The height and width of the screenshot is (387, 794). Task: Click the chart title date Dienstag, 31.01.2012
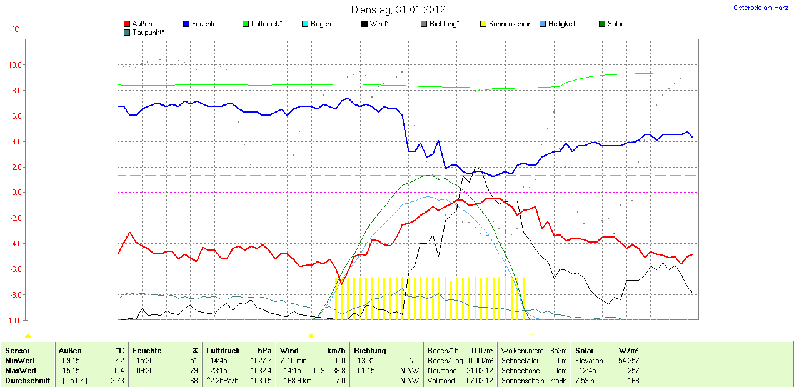[x=398, y=9]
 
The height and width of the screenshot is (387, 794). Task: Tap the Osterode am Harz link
[x=760, y=8]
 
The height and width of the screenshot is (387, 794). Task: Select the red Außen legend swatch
[x=128, y=24]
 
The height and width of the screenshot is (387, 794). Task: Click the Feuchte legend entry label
[x=204, y=24]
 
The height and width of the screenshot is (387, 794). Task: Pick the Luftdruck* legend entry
[x=266, y=24]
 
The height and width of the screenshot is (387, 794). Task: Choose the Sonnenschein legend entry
[x=510, y=24]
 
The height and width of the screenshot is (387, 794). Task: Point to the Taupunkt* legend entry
[x=148, y=32]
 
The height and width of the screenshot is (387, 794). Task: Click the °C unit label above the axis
[x=16, y=29]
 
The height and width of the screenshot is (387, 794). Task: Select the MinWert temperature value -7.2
[x=118, y=361]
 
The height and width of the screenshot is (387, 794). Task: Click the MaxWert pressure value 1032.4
[x=261, y=371]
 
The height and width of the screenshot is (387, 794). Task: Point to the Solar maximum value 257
[x=633, y=371]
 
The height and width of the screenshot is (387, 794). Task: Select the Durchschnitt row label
[x=28, y=381]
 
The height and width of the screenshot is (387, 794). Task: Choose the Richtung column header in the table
[x=370, y=351]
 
